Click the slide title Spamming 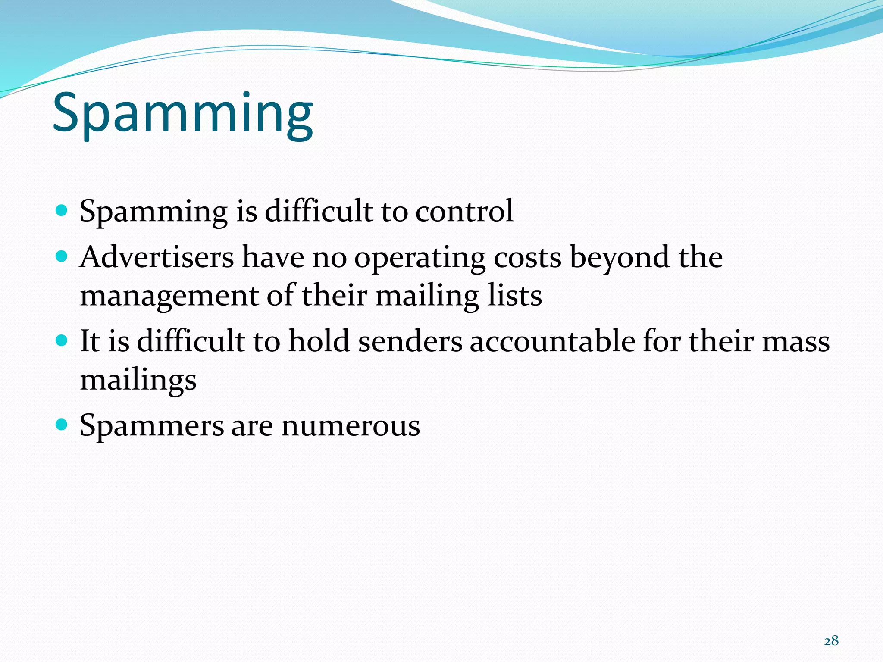(x=183, y=114)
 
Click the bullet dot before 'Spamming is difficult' (x=62, y=211)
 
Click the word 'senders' (x=410, y=341)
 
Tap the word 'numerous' (x=351, y=426)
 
